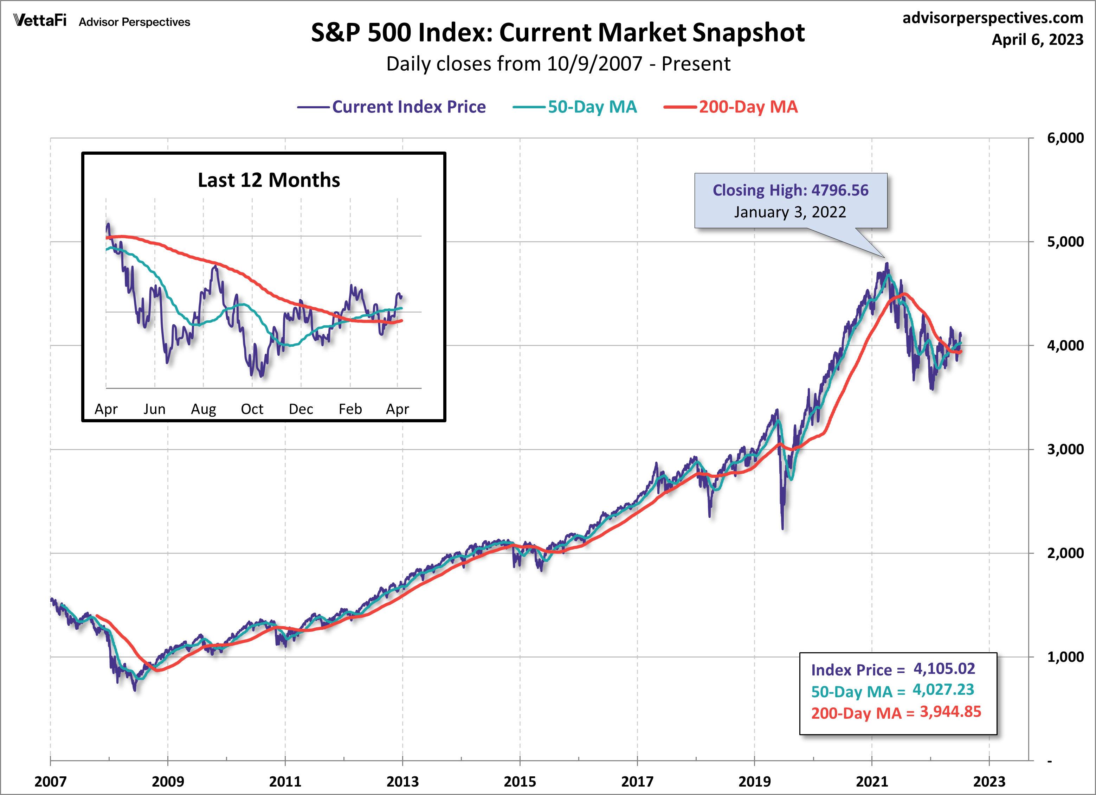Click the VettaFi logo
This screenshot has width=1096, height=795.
tap(40, 21)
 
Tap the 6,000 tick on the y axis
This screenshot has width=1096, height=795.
tap(1065, 138)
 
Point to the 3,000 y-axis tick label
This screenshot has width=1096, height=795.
tap(1065, 449)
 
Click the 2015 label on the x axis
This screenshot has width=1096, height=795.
tap(520, 782)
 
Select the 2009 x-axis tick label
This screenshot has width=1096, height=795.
tap(168, 782)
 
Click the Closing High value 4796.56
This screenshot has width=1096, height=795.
tap(839, 191)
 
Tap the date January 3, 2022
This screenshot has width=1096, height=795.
tap(790, 212)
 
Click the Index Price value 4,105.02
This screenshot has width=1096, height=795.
tap(944, 669)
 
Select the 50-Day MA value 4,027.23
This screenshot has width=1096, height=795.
tap(943, 690)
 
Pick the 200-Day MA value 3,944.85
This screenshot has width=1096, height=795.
tap(950, 712)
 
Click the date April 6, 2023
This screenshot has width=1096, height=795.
tap(1037, 40)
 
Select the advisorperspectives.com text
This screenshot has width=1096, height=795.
tap(993, 18)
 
